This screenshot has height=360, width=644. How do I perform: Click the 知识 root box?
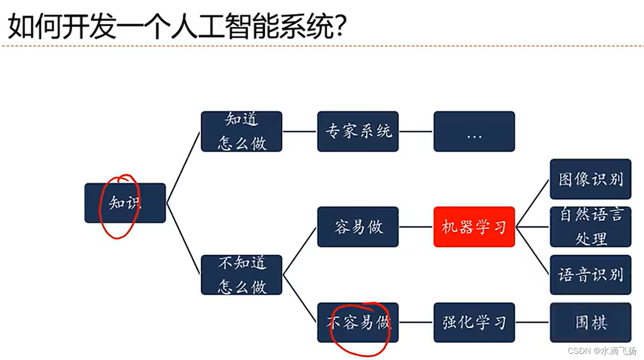coord(125,203)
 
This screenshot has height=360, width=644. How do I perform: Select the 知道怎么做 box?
coord(242,132)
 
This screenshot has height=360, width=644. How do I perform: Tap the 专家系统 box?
coord(358,132)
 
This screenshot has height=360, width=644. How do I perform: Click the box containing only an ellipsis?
coord(474,132)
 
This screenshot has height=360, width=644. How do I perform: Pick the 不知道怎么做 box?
coord(242,275)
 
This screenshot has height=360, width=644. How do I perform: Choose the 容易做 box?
coord(358,227)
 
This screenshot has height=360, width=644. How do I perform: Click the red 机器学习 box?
coord(474,227)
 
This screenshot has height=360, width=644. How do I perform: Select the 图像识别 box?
coord(591,179)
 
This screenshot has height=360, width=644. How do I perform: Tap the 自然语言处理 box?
coord(591,227)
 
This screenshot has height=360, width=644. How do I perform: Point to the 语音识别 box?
coord(591,275)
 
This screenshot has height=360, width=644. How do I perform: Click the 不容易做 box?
coord(358,323)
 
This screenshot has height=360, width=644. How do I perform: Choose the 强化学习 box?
coord(474,323)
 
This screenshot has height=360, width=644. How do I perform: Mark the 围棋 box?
coord(591,323)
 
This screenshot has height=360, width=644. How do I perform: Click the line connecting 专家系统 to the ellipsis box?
coord(416,132)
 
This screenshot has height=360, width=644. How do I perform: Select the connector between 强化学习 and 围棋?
coord(533,323)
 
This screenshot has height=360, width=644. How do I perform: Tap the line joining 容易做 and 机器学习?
coord(416,227)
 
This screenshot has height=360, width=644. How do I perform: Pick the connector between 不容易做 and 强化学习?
coord(416,323)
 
